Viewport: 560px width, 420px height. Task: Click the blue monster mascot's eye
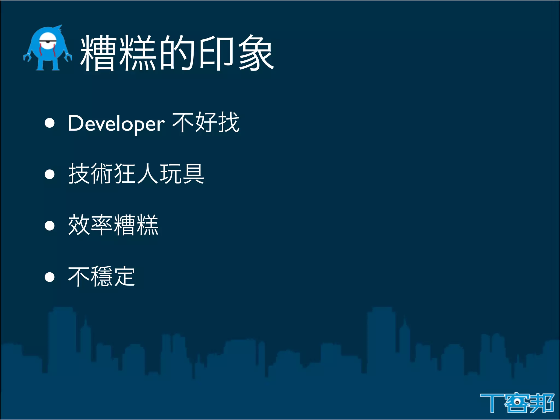[48, 42]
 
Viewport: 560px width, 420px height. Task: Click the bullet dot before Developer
[50, 123]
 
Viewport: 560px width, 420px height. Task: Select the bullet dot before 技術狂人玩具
[50, 174]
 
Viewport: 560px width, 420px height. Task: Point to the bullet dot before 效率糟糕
[50, 226]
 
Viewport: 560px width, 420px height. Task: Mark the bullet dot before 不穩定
[50, 277]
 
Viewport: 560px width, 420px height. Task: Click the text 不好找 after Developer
[206, 122]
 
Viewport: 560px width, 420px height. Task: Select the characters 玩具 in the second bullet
[182, 174]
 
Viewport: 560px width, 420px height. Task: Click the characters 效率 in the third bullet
[91, 225]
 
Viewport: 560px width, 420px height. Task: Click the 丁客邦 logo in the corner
[517, 402]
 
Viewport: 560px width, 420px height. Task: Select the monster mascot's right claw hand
[68, 57]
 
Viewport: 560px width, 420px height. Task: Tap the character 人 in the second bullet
[148, 174]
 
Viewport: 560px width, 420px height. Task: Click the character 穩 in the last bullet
[102, 276]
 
